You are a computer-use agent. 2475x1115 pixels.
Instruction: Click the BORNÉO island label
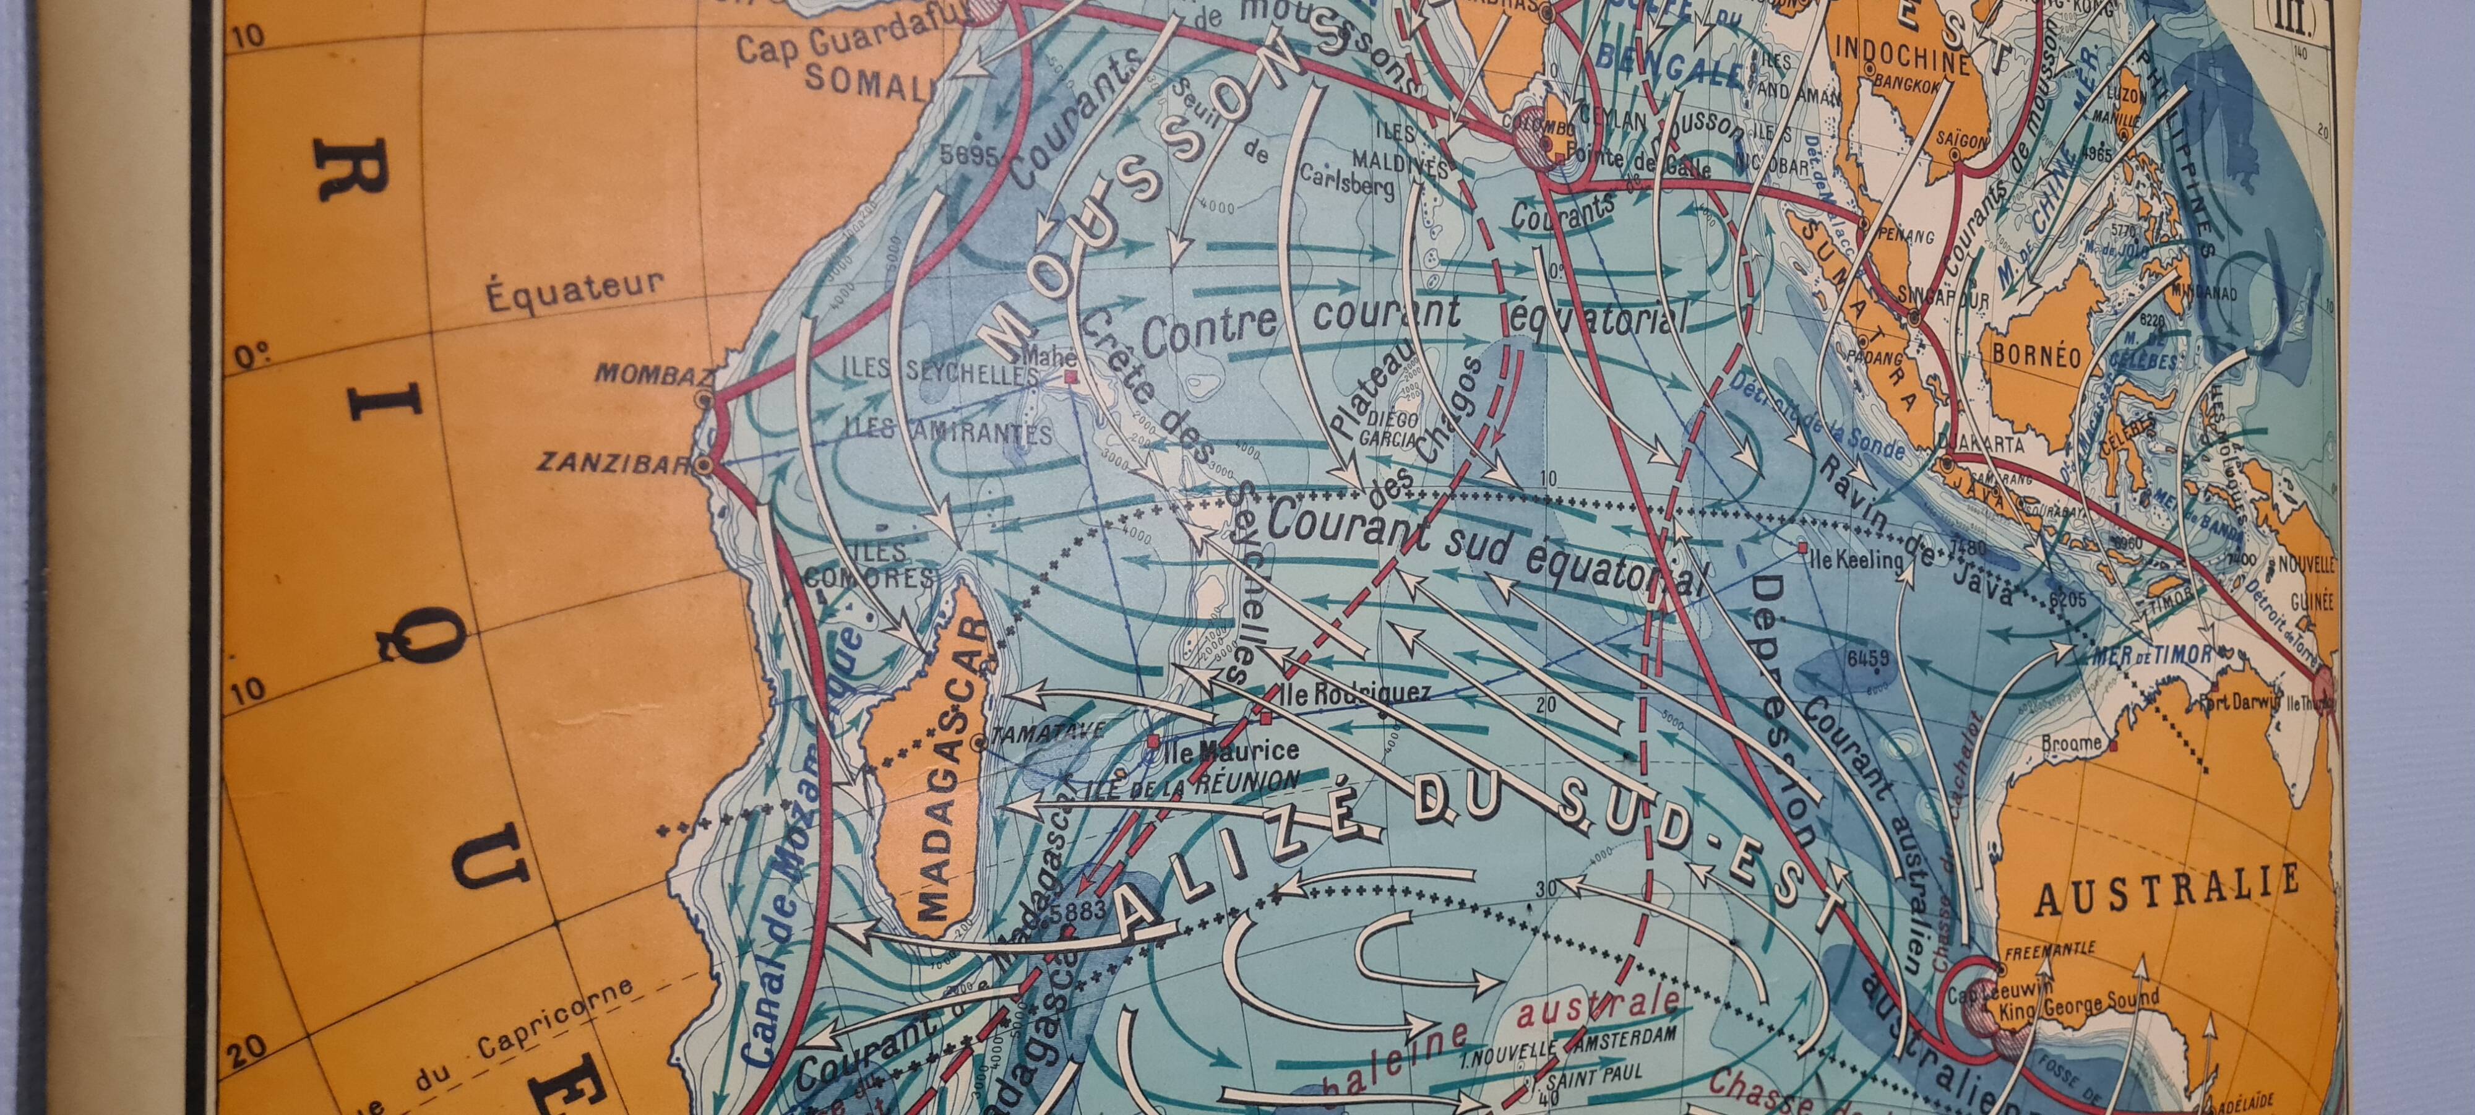[x=2036, y=356]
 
